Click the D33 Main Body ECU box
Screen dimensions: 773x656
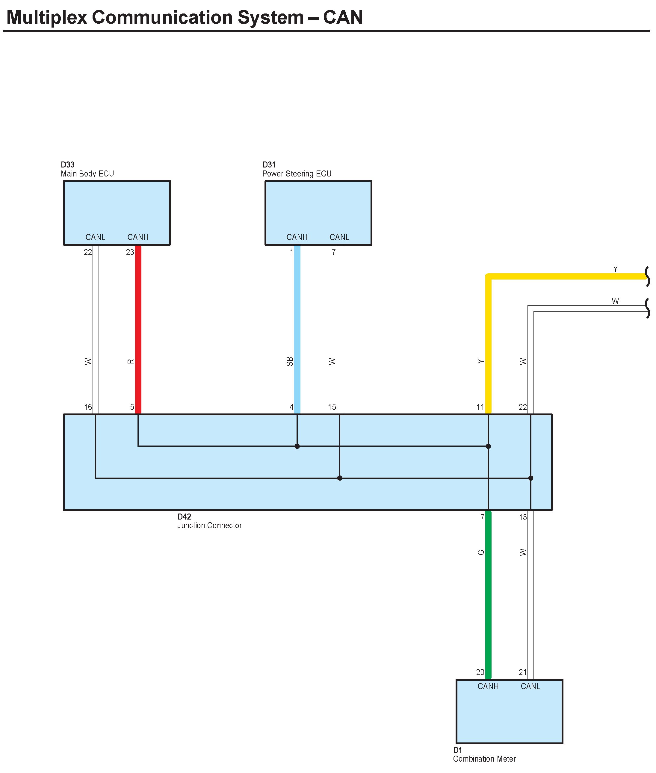click(117, 208)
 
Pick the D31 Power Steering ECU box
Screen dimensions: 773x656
click(318, 208)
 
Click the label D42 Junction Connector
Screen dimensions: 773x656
click(209, 521)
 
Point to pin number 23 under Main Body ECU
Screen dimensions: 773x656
click(130, 252)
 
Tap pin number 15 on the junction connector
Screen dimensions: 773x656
click(332, 407)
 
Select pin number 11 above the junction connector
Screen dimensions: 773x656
click(480, 407)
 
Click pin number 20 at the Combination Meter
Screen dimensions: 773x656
click(480, 672)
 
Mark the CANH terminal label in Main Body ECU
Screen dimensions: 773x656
click(138, 237)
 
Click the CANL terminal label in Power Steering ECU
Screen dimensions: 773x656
click(339, 237)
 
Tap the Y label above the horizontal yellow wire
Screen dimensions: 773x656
click(616, 268)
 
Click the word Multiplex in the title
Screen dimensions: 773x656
click(46, 17)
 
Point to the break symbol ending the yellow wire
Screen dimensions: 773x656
click(647, 276)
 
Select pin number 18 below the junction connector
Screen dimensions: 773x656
click(523, 517)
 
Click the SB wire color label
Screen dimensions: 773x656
click(290, 361)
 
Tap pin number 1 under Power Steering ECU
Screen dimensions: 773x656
click(291, 252)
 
